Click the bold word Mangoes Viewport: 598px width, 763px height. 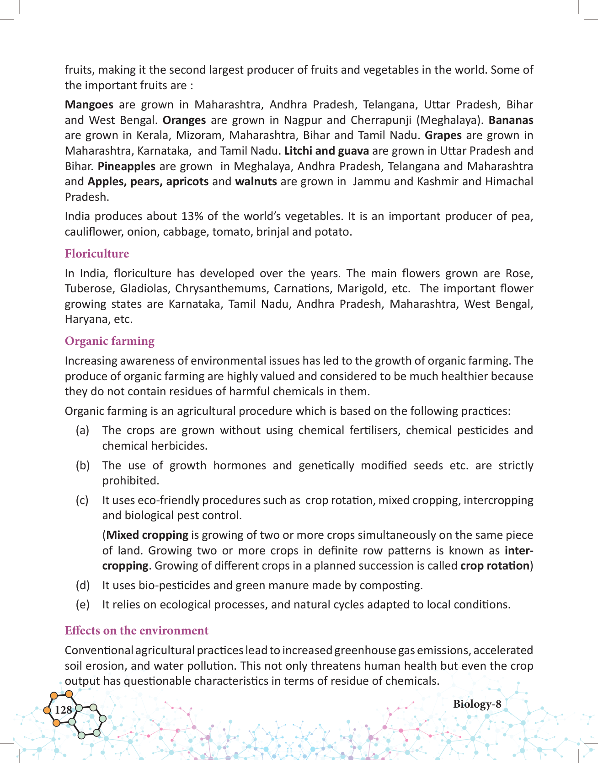(x=89, y=105)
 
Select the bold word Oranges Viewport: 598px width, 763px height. (x=184, y=120)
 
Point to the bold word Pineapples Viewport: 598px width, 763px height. (x=127, y=167)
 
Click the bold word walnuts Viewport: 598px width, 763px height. (x=256, y=182)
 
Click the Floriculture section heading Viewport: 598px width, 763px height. (x=97, y=254)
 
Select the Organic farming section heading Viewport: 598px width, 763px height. (x=110, y=341)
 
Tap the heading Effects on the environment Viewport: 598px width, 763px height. (x=137, y=631)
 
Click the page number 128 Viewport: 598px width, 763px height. (x=63, y=710)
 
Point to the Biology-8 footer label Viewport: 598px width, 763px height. (x=477, y=704)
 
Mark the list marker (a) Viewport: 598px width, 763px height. (x=82, y=430)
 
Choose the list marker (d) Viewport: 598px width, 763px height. (x=82, y=586)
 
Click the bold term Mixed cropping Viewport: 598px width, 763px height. (x=147, y=535)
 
